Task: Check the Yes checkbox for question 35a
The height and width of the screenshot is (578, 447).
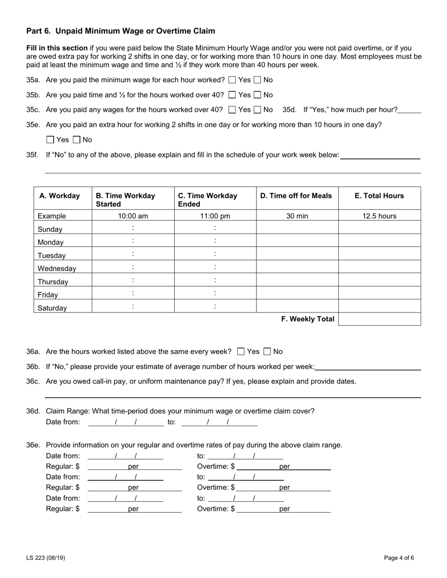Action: pos(232,80)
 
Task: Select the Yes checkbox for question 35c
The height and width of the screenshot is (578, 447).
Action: pos(232,110)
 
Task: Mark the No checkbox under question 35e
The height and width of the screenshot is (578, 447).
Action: pos(77,140)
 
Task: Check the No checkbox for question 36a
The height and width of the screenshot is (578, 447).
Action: pos(267,351)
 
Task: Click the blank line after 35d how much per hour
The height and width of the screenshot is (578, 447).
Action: pos(409,110)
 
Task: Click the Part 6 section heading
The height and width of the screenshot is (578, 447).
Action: pos(120,31)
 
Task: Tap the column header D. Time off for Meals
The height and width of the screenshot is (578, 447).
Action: pos(296,196)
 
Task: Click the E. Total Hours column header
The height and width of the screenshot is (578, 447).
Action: pos(379,196)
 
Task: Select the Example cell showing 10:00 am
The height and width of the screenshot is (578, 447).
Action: pos(133,216)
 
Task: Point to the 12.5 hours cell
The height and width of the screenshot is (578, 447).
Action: pos(379,216)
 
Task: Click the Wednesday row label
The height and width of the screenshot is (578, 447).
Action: pos(57,269)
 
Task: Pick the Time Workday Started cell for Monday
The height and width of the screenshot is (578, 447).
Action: pos(133,241)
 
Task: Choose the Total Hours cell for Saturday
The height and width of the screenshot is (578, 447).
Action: pos(379,306)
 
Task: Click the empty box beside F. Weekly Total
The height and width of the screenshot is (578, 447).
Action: pos(379,319)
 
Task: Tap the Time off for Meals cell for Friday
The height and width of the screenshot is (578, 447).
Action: pos(297,293)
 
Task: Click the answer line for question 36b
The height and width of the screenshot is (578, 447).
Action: pos(368,367)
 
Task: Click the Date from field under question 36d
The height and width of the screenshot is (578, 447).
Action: pos(126,422)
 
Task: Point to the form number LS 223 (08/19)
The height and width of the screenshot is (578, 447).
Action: pos(46,558)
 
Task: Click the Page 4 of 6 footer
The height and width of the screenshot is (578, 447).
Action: pos(399,558)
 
